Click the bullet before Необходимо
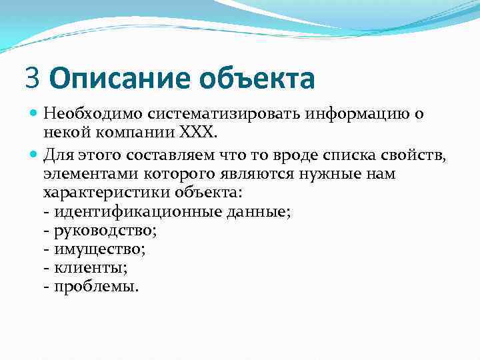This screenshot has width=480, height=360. point(34,114)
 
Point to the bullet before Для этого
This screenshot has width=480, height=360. point(34,155)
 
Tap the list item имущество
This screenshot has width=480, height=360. point(95,249)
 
